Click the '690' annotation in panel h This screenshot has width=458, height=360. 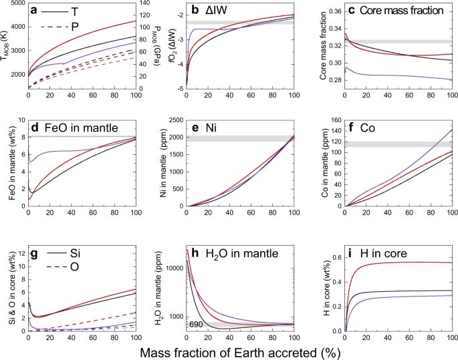tap(198, 325)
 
